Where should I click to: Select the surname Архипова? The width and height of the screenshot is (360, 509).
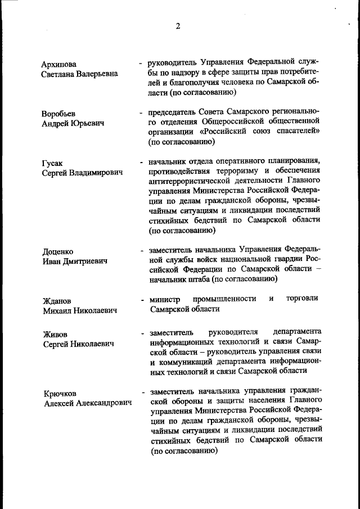click(x=59, y=64)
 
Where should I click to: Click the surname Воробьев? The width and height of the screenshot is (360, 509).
click(x=58, y=114)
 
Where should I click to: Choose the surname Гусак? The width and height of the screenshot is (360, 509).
click(x=52, y=163)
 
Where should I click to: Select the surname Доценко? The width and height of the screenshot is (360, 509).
click(x=58, y=251)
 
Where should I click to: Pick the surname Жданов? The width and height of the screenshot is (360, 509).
click(x=57, y=301)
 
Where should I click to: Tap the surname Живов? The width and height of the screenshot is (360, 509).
click(x=55, y=334)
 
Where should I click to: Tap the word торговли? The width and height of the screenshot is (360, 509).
click(x=302, y=298)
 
